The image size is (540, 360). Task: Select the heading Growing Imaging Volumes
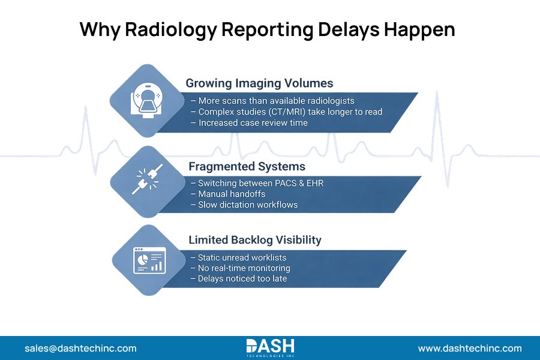tap(259, 83)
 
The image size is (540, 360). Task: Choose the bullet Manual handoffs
tap(227, 194)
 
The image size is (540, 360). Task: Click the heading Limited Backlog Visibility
tap(255, 239)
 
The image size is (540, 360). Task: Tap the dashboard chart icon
tap(147, 259)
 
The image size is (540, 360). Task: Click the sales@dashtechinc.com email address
tap(80, 348)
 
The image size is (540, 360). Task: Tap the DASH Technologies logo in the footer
tap(270, 347)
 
